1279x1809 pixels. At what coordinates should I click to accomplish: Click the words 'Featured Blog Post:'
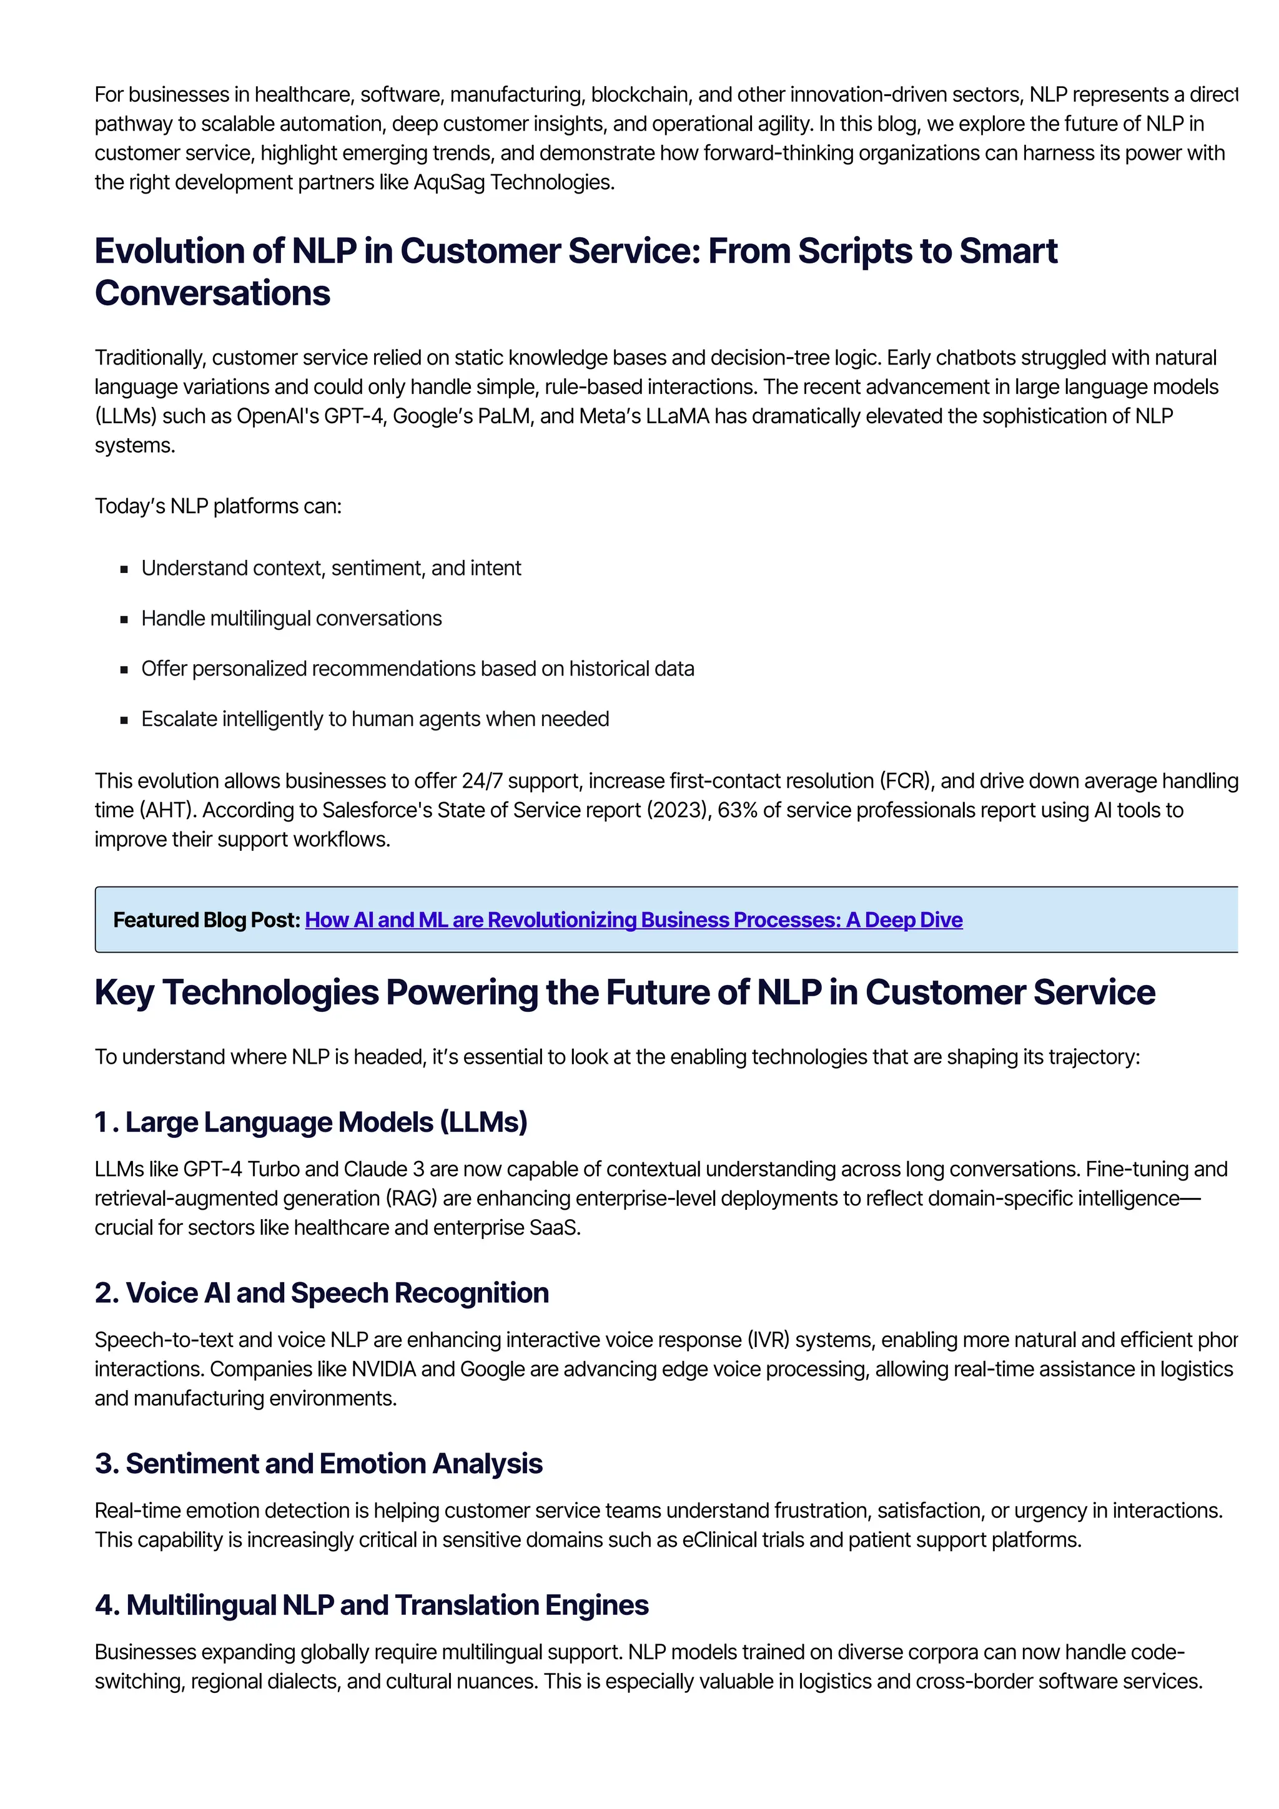(207, 919)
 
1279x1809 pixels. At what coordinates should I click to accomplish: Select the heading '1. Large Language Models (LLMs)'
(310, 1121)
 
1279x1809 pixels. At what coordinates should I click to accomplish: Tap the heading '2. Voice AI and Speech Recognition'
(322, 1292)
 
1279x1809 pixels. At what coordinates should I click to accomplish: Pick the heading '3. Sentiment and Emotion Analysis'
(319, 1463)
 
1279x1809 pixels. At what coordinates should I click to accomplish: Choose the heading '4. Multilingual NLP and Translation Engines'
(371, 1604)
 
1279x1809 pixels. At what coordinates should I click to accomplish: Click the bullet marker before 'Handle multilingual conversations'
(124, 619)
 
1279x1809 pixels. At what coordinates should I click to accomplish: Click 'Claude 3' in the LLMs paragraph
(384, 1169)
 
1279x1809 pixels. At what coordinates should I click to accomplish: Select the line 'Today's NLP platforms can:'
(219, 506)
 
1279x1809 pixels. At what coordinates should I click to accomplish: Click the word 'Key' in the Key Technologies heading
(124, 992)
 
